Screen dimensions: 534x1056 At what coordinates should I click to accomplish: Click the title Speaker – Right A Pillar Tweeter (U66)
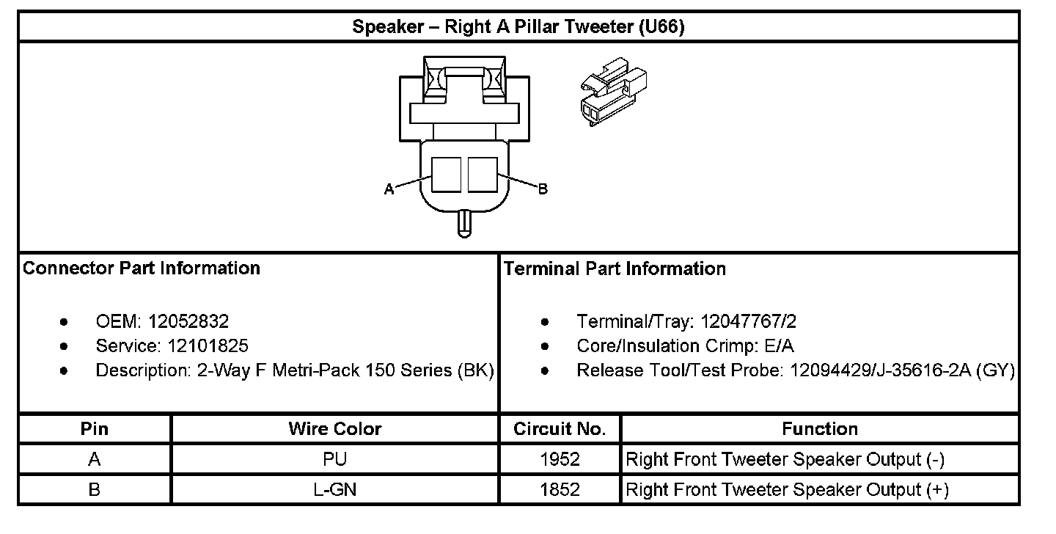pyautogui.click(x=518, y=28)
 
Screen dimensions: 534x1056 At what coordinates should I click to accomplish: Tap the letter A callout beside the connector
pyautogui.click(x=389, y=189)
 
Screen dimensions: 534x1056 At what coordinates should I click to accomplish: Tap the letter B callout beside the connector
pyautogui.click(x=543, y=189)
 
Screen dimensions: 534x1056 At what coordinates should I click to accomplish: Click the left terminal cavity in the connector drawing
pyautogui.click(x=447, y=175)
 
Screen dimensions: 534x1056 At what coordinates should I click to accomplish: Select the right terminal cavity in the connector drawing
pyautogui.click(x=483, y=175)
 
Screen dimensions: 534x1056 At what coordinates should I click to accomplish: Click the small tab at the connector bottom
pyautogui.click(x=464, y=223)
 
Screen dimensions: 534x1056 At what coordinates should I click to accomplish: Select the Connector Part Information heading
pyautogui.click(x=142, y=268)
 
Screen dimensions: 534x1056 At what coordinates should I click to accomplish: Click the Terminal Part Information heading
pyautogui.click(x=615, y=269)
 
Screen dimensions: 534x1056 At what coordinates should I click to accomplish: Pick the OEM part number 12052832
pyautogui.click(x=188, y=321)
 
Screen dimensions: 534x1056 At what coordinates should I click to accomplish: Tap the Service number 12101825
pyautogui.click(x=208, y=345)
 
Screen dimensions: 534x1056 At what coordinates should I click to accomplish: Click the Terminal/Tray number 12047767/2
pyautogui.click(x=748, y=321)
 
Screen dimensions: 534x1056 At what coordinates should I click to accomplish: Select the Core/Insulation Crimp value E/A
pyautogui.click(x=778, y=345)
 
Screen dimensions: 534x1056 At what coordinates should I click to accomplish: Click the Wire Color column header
pyautogui.click(x=335, y=429)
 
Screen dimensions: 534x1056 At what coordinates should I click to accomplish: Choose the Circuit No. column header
pyautogui.click(x=560, y=429)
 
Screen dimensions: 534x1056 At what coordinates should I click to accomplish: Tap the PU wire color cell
pyautogui.click(x=335, y=460)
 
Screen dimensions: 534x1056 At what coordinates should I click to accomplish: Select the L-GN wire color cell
pyautogui.click(x=335, y=489)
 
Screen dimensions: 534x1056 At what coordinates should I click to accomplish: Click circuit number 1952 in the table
pyautogui.click(x=560, y=460)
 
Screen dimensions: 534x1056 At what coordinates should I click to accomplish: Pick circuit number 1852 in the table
pyautogui.click(x=560, y=489)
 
